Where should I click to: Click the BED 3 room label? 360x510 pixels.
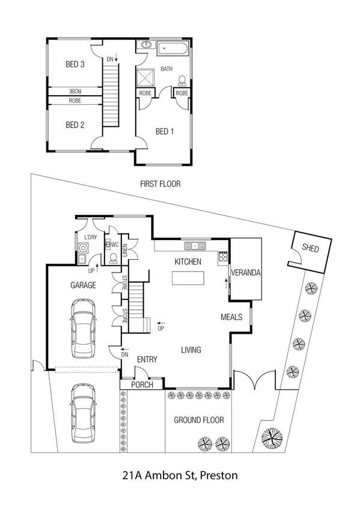[x=75, y=64]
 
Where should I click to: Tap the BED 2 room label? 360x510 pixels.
[x=75, y=125]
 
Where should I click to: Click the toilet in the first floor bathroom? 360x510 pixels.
[x=181, y=80]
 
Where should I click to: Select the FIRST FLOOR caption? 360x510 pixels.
[x=160, y=184]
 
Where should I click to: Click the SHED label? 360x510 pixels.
[x=310, y=248]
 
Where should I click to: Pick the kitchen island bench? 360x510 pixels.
[x=188, y=278]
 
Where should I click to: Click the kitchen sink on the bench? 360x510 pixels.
[x=195, y=245]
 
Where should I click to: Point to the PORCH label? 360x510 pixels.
[x=142, y=385]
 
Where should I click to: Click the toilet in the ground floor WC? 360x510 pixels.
[x=113, y=258]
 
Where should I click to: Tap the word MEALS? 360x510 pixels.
[x=231, y=317]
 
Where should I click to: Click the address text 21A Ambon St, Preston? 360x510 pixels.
[x=180, y=475]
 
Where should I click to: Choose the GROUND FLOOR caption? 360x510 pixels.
[x=199, y=420]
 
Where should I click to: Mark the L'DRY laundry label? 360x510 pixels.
[x=90, y=238]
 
